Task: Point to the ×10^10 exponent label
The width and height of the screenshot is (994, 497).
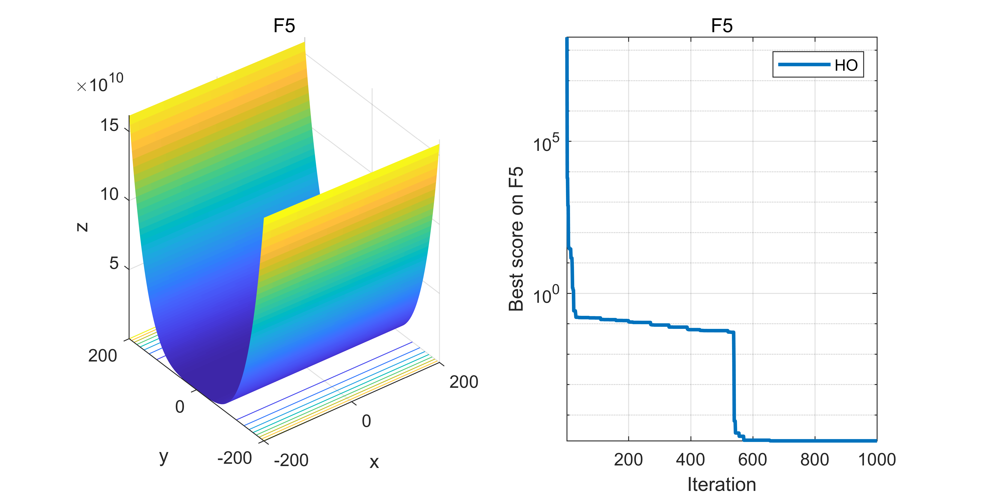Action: coord(100,83)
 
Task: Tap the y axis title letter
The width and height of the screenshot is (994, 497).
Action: coord(164,457)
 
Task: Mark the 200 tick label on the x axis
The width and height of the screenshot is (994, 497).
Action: coord(464,382)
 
